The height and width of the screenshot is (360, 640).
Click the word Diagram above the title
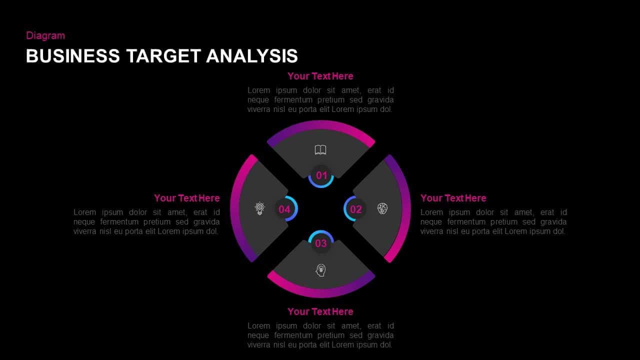coord(45,35)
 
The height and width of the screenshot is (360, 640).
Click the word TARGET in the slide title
coord(163,56)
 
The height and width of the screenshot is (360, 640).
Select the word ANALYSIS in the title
coord(252,56)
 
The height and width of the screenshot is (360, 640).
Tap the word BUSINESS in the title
coord(73,56)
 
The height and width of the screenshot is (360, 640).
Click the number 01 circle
coord(321,175)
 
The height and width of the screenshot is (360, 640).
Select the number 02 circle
coord(355,209)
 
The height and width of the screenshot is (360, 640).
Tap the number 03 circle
coord(320,243)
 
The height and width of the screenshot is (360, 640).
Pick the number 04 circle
coord(284,209)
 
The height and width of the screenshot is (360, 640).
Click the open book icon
coord(320,149)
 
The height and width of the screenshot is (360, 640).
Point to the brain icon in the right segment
coord(382,208)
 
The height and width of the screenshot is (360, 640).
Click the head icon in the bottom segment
coord(320,270)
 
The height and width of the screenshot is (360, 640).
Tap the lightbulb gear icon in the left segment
coord(259,208)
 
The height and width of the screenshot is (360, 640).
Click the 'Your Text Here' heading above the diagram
coord(320,76)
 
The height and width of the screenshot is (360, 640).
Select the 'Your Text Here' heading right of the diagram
coord(453,198)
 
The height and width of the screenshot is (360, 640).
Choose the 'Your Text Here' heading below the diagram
coord(320,311)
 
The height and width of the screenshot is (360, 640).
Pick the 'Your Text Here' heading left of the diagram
coord(187,198)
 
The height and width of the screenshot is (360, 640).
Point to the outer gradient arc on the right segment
coord(406,208)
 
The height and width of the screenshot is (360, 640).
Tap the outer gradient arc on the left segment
coord(235,208)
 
